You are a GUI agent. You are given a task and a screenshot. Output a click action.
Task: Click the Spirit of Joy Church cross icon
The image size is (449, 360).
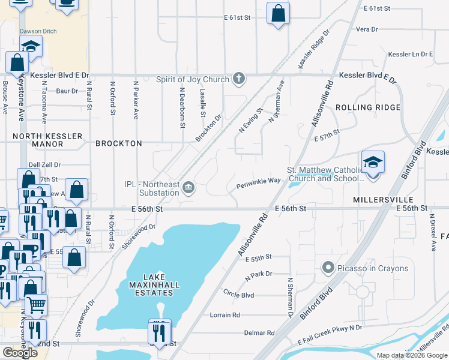pos(239,79)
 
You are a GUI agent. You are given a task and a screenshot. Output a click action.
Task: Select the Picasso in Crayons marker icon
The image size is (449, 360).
pos(328,268)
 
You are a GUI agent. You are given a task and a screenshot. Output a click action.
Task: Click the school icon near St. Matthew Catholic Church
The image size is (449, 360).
pos(373,162)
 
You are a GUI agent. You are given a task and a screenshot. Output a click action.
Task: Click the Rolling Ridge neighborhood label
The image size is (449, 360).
pos(368,107)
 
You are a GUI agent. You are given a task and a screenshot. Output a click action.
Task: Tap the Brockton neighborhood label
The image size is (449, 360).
pos(119,144)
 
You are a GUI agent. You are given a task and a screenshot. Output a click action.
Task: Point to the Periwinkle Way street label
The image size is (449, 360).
pos(259,181)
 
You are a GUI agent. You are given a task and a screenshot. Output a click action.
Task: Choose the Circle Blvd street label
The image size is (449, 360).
pos(238,295)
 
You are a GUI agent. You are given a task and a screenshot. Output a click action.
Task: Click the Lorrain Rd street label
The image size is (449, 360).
pos(225,315)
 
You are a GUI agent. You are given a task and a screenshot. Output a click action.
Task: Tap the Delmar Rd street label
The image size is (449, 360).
pos(259,332)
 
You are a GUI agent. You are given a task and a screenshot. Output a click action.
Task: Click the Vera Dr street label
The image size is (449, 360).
pos(367,29)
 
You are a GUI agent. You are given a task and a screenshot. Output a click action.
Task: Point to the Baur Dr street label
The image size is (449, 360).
pos(67,91)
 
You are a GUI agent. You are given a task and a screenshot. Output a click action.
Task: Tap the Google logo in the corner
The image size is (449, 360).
pos(20,353)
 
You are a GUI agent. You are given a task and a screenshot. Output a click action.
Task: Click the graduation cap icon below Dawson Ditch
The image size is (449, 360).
pos(31,46)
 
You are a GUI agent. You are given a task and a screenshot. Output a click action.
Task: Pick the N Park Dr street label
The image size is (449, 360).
pos(259,274)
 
